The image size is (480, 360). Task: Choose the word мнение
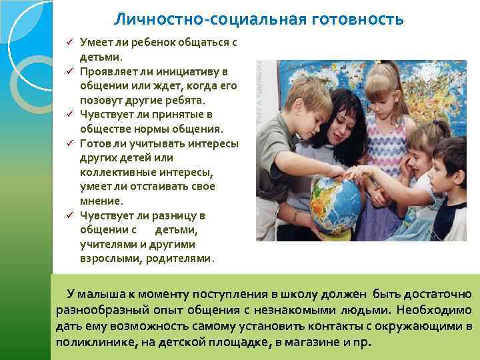(100, 201)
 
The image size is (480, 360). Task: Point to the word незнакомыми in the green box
(293, 310)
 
